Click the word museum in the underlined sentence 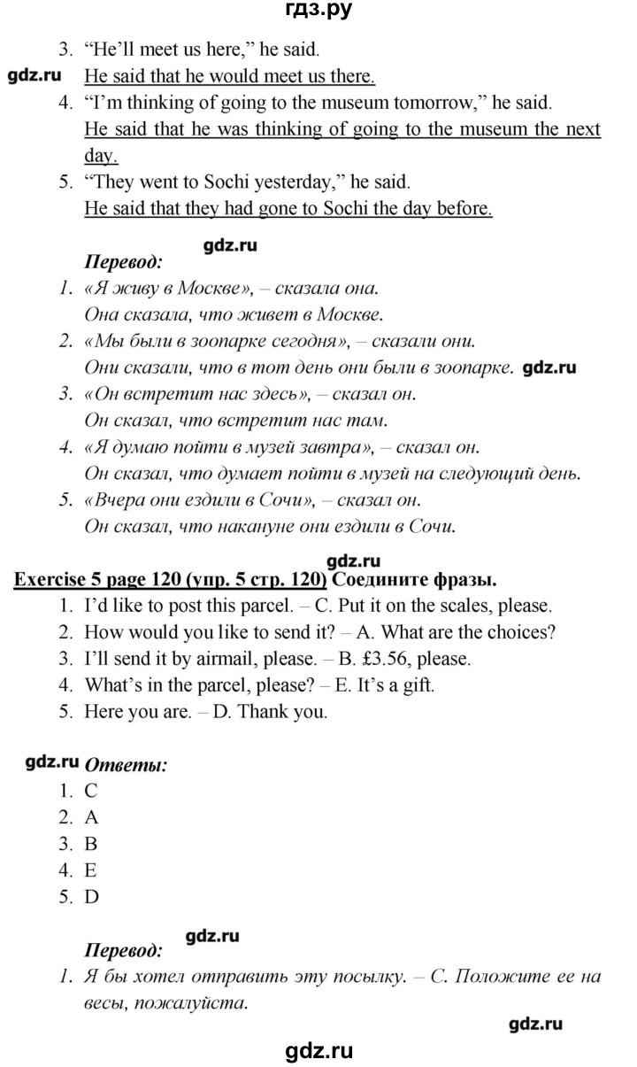point(495,130)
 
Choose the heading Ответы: point(125,766)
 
